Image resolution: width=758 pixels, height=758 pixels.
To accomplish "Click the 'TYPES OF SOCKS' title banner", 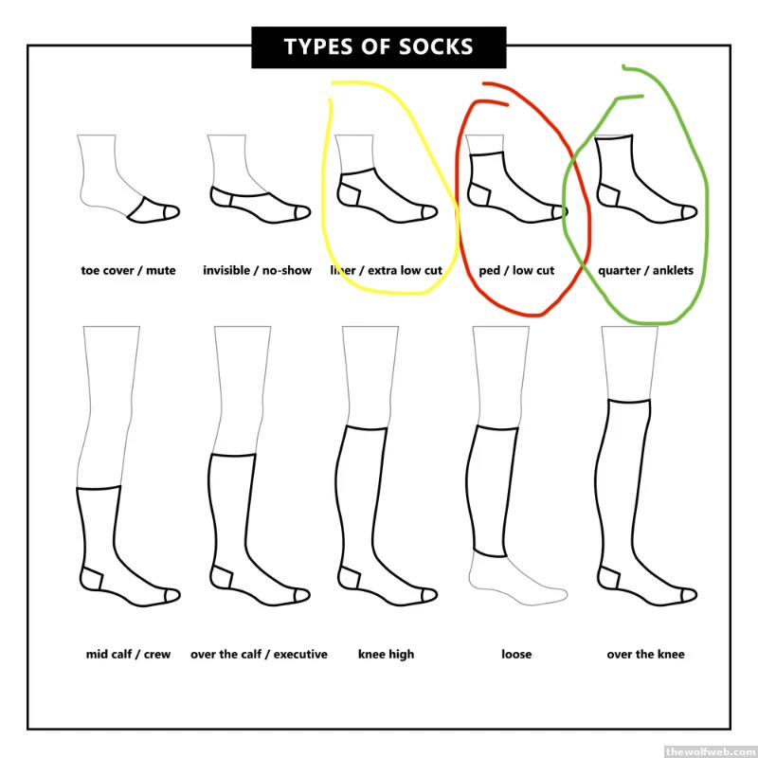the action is (378, 46).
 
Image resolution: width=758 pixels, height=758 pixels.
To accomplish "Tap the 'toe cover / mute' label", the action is (128, 270).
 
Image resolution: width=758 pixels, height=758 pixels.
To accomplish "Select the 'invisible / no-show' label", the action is (257, 270).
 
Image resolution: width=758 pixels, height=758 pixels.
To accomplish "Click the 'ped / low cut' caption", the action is (516, 270).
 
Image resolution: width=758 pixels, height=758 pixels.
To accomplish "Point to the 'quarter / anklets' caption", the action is (645, 270).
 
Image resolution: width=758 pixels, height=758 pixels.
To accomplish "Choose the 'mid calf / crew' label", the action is (128, 654).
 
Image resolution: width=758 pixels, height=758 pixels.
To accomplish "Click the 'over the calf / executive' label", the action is (259, 654).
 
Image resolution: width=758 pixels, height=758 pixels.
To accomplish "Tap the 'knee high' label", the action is (386, 654).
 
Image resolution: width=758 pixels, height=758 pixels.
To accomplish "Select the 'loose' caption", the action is (516, 654).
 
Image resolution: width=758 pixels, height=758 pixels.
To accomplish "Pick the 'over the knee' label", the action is (645, 654).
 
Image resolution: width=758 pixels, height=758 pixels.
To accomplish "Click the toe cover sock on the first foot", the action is (153, 210).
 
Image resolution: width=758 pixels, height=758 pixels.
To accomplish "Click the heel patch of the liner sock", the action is (349, 194).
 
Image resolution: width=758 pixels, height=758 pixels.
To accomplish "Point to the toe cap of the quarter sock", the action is (689, 212).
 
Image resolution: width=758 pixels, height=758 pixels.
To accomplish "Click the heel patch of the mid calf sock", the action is (91, 578).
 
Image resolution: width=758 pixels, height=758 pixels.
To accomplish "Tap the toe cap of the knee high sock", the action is (429, 596).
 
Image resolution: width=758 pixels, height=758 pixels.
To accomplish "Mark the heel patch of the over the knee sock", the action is (608, 578).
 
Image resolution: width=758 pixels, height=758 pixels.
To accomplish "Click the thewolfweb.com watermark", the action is (711, 751).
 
